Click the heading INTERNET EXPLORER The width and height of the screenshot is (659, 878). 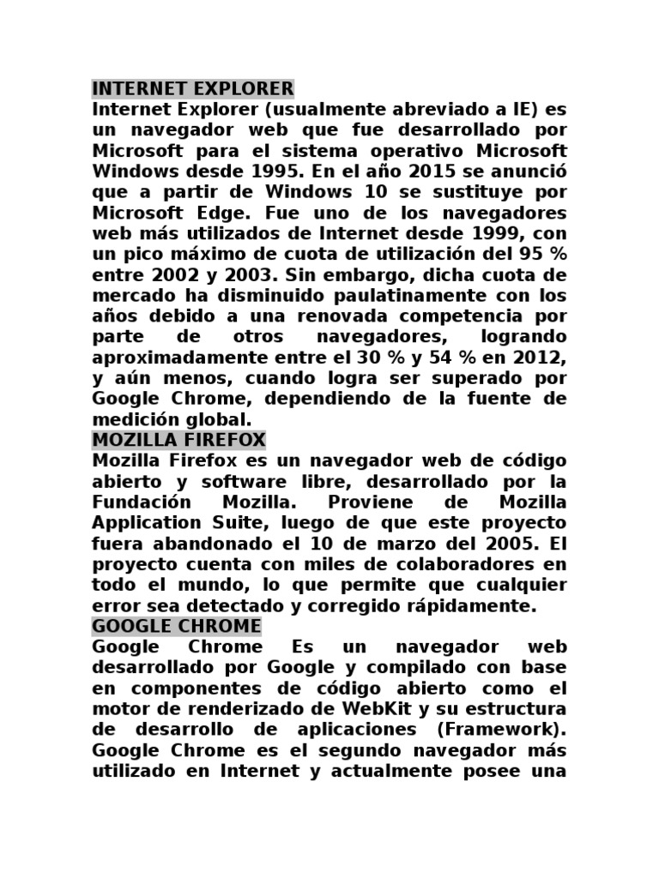[192, 89]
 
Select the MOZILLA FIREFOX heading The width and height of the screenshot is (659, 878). [178, 441]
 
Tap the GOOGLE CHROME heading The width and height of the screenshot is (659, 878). [176, 626]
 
